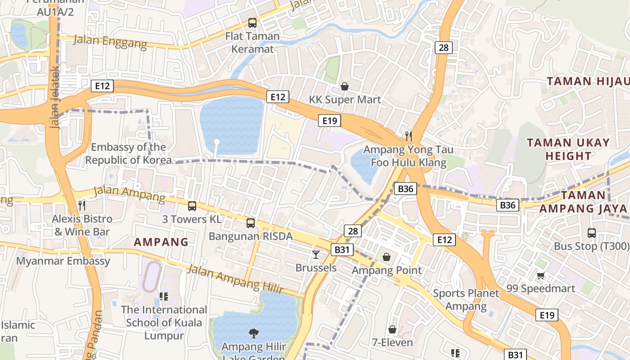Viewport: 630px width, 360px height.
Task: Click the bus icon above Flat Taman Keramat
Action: tap(252, 22)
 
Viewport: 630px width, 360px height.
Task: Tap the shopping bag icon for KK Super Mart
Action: tap(345, 86)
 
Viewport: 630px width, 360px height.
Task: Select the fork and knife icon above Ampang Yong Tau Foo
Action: tap(409, 136)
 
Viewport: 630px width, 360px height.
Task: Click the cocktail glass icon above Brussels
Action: tap(316, 254)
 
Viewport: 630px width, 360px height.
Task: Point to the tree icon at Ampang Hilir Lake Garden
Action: tap(254, 333)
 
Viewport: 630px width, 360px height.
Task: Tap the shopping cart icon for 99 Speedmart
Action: tap(540, 275)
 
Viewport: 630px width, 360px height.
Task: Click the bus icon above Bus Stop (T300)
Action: tap(592, 233)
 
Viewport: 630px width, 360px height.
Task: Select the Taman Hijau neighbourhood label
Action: tap(587, 81)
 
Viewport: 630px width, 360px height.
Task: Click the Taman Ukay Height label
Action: tap(568, 149)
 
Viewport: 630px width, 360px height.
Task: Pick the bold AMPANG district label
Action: tap(161, 242)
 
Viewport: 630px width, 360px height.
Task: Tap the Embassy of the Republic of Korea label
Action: tap(128, 153)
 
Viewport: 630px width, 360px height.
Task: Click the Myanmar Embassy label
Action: tap(63, 261)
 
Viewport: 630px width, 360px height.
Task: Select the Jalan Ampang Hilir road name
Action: tap(234, 279)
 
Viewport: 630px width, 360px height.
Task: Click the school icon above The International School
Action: tap(164, 296)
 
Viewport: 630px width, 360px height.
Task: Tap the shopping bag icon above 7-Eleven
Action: tap(392, 329)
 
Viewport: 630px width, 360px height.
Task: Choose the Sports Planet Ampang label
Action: tap(466, 300)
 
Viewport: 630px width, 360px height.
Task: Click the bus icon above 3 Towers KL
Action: tap(192, 206)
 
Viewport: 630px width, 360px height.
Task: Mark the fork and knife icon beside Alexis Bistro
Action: tap(82, 206)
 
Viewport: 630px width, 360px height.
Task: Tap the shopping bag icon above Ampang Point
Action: tap(387, 257)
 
